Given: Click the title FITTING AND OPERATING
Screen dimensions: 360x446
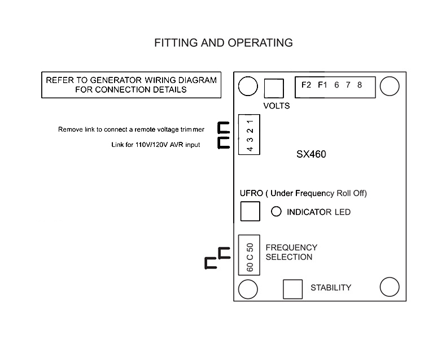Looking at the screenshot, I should tap(224, 43).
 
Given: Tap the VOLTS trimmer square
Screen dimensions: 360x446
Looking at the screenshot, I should tap(274, 88).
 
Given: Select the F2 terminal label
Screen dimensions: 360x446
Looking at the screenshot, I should tap(307, 85).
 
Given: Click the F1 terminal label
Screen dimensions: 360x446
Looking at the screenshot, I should tap(322, 85).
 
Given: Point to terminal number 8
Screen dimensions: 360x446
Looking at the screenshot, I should tap(360, 85).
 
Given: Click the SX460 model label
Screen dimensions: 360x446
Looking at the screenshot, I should tap(312, 154).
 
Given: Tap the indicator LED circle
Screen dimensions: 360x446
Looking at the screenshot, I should tap(277, 212).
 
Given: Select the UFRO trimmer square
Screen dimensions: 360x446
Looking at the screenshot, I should tap(250, 211).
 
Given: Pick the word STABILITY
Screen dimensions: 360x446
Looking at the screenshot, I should tap(330, 288).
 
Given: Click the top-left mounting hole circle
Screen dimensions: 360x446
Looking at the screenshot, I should tap(247, 86).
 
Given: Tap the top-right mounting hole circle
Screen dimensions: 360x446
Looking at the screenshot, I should tap(389, 86).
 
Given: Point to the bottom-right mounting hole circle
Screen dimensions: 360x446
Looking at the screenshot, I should tap(390, 287).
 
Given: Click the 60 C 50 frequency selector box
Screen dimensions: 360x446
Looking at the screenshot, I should tap(250, 255).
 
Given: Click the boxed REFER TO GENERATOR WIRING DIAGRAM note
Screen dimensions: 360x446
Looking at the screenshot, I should tap(132, 85).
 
